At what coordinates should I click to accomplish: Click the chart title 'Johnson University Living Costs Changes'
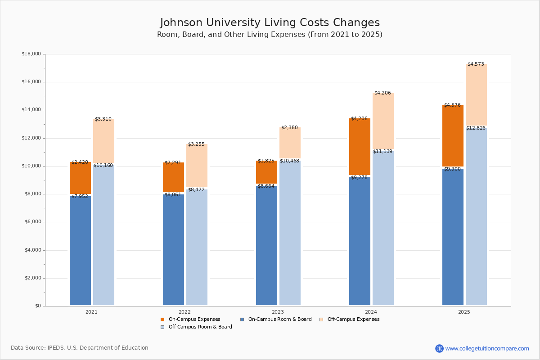[270, 23]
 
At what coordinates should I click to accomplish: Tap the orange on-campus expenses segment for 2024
[360, 147]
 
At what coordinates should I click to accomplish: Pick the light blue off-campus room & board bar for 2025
[476, 216]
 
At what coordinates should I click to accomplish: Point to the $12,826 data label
[476, 128]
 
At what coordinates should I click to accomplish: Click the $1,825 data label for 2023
[266, 161]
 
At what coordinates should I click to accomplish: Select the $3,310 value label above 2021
[103, 119]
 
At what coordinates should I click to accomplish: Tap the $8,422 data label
[196, 190]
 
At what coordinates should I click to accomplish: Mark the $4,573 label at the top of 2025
[476, 64]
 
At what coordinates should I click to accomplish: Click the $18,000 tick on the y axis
[31, 54]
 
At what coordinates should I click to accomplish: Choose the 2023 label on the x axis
[278, 312]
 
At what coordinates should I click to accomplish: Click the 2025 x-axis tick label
[464, 312]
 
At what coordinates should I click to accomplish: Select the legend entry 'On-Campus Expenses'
[194, 319]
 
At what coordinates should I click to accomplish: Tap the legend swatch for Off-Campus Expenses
[321, 319]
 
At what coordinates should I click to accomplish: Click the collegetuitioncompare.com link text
[487, 348]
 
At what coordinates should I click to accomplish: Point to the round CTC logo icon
[439, 348]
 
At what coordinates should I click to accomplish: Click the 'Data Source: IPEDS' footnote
[80, 348]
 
